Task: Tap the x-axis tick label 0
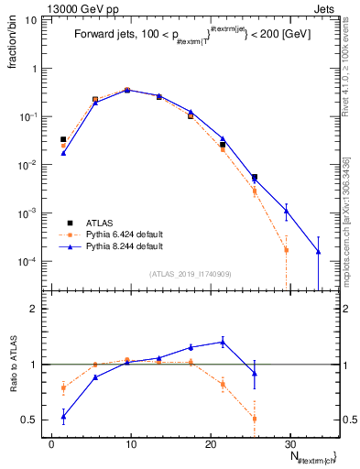[52, 444]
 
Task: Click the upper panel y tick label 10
[31, 20]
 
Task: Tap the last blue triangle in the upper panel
[318, 251]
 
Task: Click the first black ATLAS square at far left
[63, 139]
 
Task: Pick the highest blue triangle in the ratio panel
[223, 342]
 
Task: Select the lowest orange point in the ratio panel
[254, 419]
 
